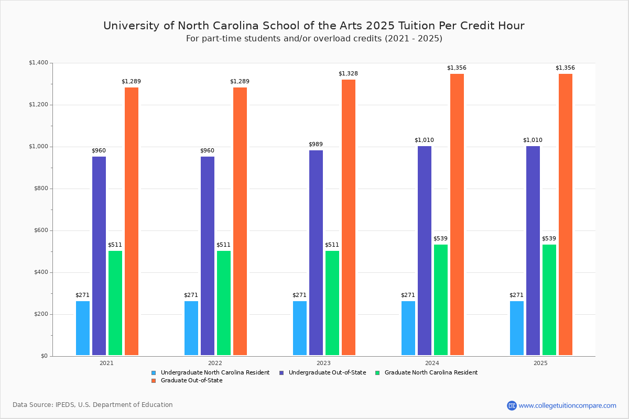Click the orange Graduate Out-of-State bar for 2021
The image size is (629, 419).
tap(132, 221)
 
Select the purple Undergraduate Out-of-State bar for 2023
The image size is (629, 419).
tap(316, 252)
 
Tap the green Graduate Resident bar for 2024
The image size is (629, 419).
tap(441, 300)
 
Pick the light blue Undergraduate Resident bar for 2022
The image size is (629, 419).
tap(191, 328)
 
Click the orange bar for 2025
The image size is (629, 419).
tap(566, 214)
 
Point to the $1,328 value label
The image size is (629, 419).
tap(348, 74)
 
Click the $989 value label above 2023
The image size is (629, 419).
tap(316, 145)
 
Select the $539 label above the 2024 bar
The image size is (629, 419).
tap(440, 239)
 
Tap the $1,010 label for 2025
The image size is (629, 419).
tap(533, 140)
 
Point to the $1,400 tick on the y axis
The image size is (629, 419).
tap(38, 63)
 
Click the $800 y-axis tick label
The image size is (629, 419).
tap(41, 189)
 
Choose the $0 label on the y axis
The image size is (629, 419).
tap(44, 356)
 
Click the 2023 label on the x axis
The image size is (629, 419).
tap(323, 363)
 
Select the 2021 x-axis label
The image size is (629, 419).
tap(106, 363)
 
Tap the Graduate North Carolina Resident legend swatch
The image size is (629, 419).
tap(378, 373)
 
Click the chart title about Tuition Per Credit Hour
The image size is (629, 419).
tap(313, 26)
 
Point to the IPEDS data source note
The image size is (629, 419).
tap(93, 405)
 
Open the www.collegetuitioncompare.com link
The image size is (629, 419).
tap(567, 405)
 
